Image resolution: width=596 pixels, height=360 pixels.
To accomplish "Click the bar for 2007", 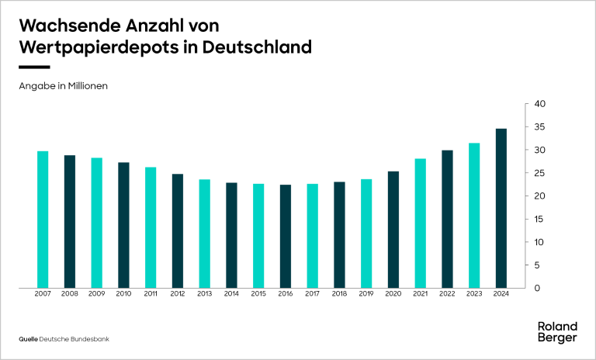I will coord(43,220).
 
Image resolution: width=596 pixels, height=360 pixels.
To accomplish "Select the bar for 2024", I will coord(501,208).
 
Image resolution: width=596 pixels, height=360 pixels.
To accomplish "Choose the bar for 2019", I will coord(366,234).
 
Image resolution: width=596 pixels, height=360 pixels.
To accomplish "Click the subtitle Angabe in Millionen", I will coord(63,86).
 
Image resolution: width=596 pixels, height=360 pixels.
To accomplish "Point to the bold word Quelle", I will coord(28,339).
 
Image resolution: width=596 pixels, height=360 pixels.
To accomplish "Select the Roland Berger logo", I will coord(557,331).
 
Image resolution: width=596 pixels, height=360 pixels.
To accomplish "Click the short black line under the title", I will coord(34,67).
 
